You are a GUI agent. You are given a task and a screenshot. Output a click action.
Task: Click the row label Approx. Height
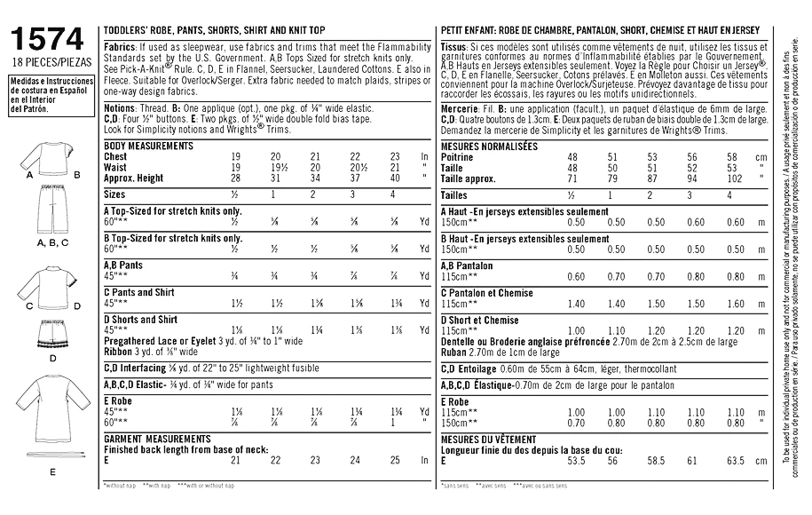134,178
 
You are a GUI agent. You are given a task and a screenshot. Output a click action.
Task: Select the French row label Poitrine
458,156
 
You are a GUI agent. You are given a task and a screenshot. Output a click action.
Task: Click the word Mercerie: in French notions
461,107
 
